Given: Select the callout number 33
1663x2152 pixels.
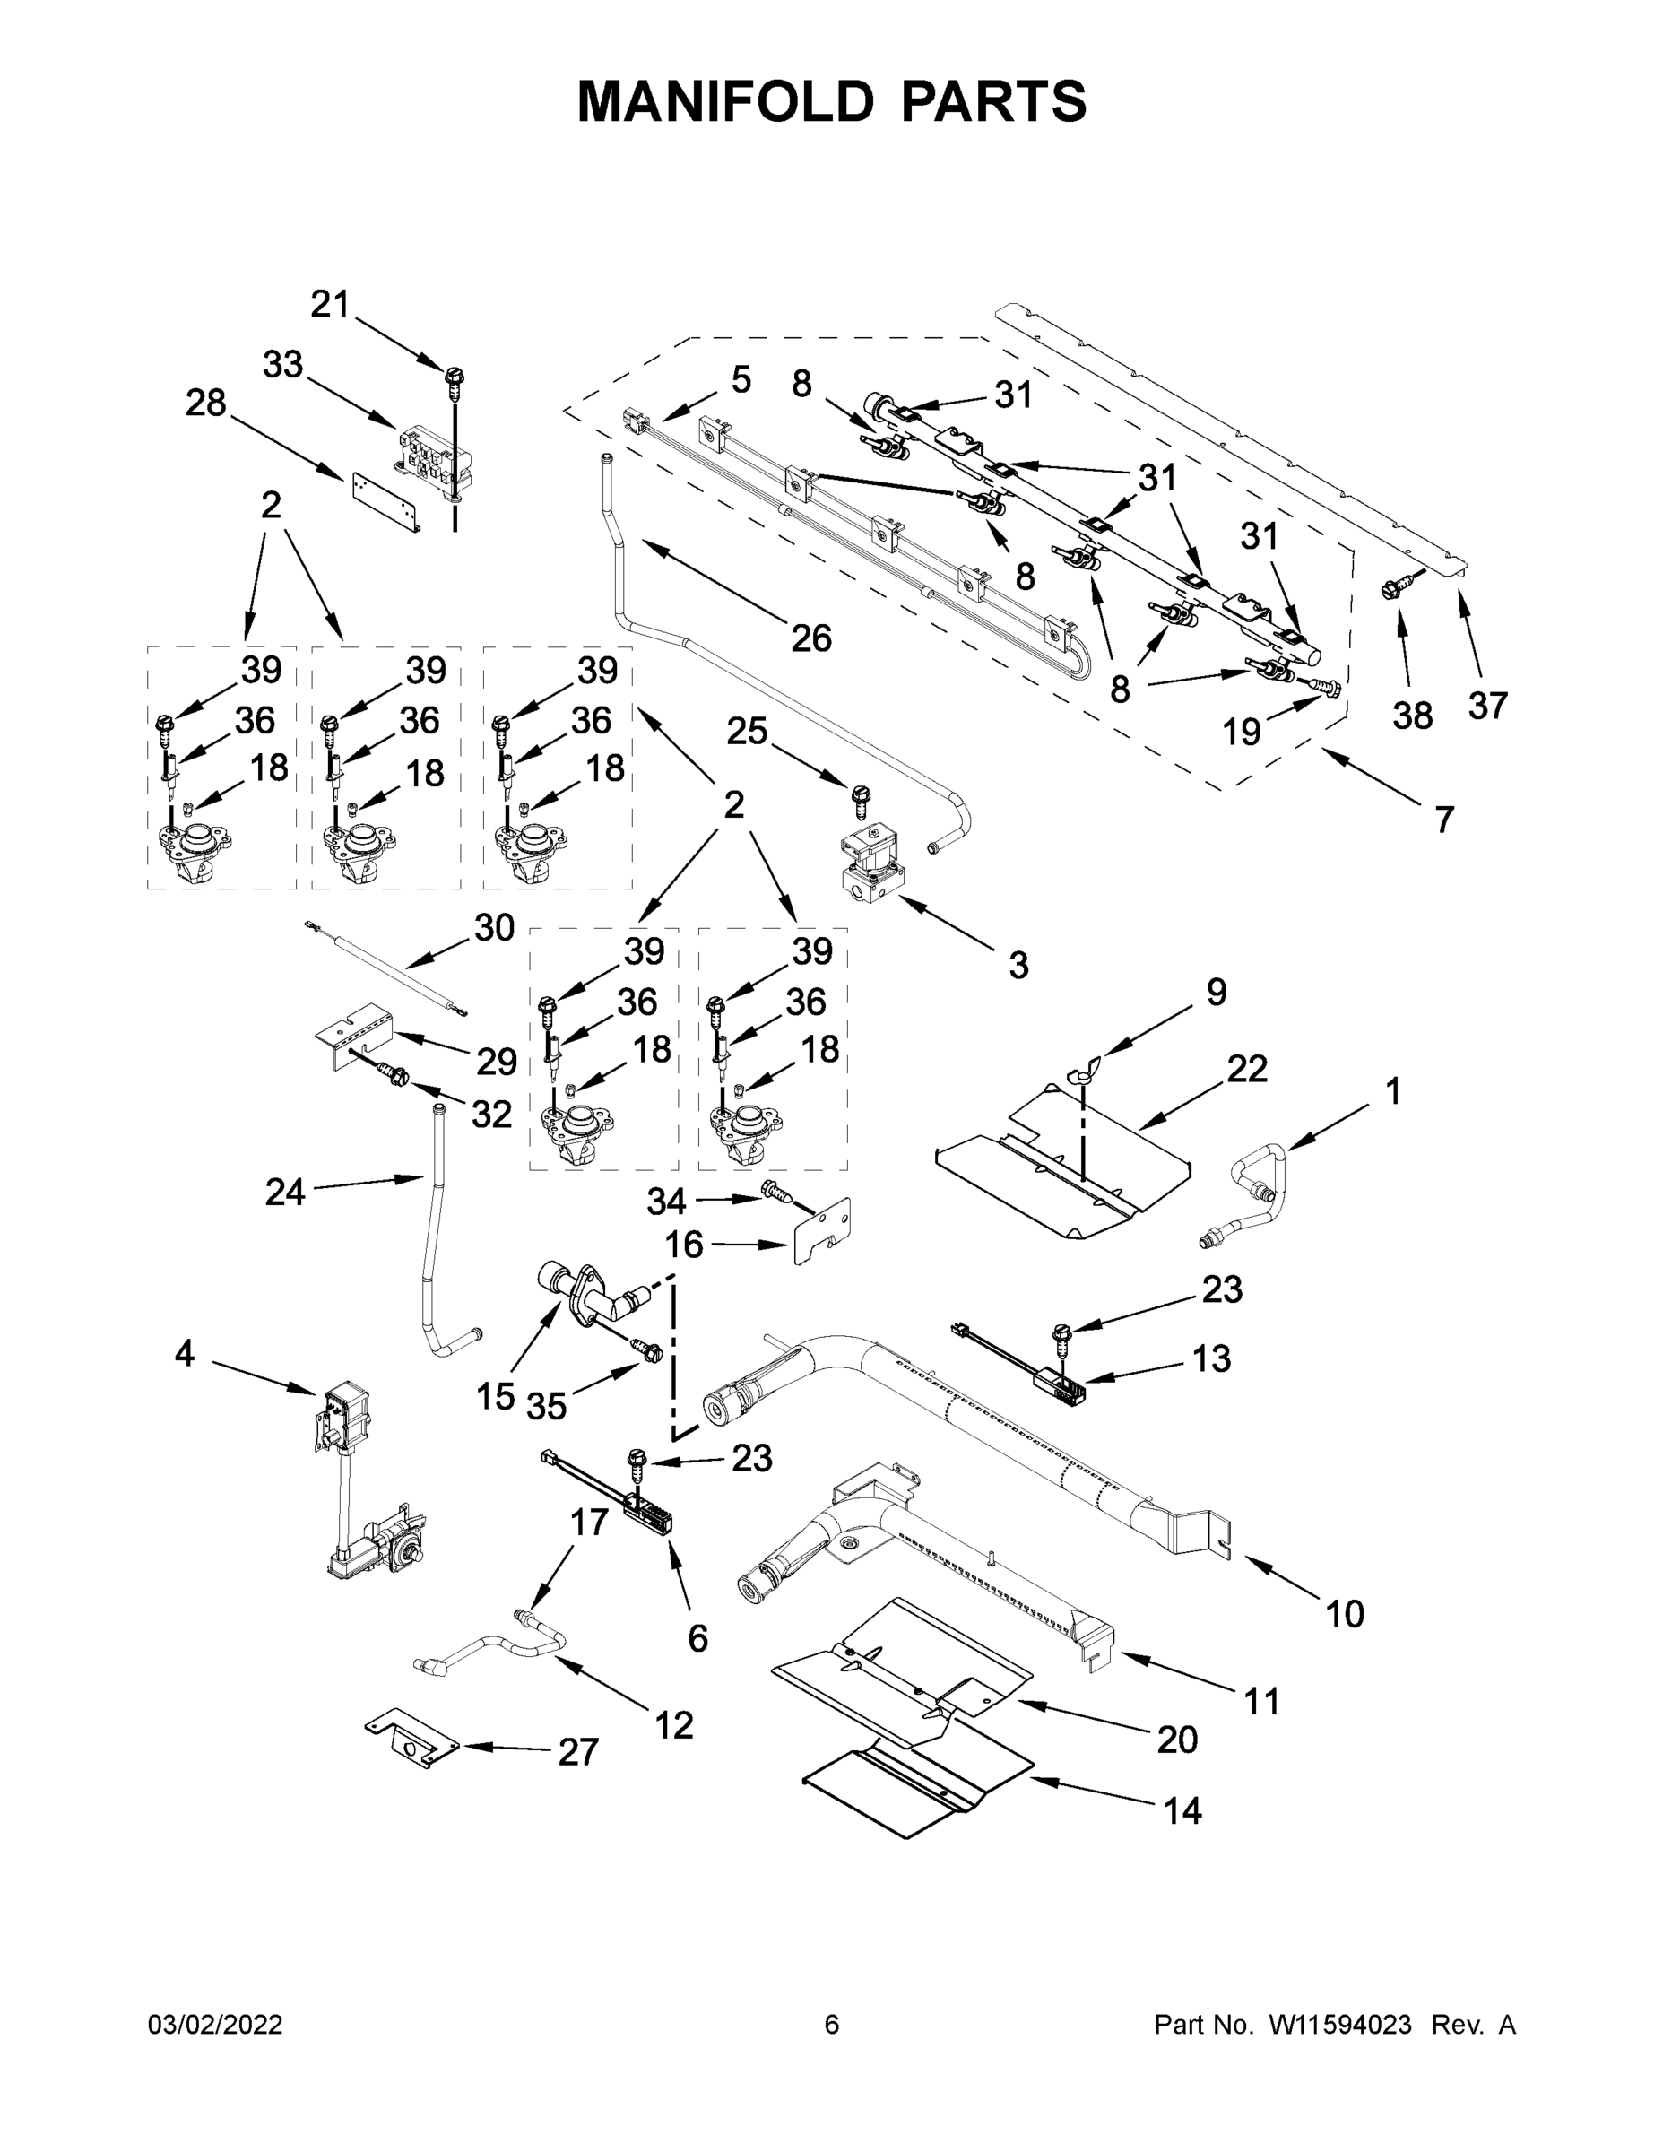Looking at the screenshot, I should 282,365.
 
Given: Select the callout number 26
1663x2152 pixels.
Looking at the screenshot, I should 810,638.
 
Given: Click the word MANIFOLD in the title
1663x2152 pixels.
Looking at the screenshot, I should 724,100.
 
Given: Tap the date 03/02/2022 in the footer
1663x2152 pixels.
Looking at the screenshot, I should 215,2025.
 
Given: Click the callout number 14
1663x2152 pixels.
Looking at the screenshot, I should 1182,1810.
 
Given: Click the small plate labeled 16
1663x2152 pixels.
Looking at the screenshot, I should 823,1232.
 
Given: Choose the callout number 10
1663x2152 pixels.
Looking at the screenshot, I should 1345,1614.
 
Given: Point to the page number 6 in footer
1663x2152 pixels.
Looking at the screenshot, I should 832,2025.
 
